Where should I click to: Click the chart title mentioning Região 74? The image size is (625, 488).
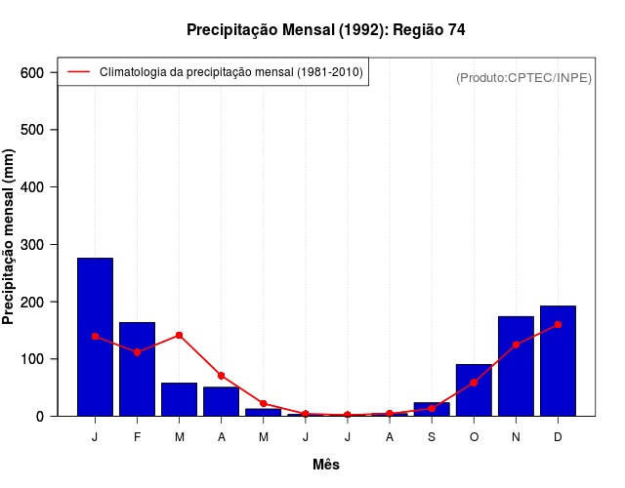click(325, 30)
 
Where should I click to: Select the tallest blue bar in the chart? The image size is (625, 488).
click(95, 337)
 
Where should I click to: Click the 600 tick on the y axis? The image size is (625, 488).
click(32, 73)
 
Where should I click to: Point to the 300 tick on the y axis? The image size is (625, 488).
click(32, 245)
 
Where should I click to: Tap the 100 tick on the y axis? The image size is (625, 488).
click(32, 359)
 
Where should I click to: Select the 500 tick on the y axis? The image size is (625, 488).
click(32, 130)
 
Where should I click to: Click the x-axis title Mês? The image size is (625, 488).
click(326, 465)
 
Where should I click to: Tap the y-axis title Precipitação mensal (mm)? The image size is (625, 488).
click(10, 244)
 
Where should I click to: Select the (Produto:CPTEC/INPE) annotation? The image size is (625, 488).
click(524, 77)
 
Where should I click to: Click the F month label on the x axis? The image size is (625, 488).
click(138, 436)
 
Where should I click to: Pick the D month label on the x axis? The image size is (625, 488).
click(558, 436)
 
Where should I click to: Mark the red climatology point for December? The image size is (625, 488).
click(558, 324)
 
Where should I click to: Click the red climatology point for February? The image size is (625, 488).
click(138, 351)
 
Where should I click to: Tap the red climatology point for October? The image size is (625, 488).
click(474, 383)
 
